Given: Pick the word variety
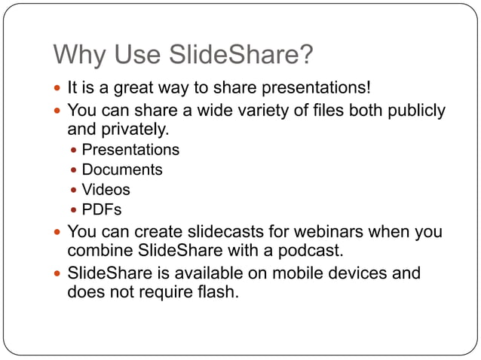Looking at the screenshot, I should (258, 111).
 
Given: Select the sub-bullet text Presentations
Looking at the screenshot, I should (130, 150).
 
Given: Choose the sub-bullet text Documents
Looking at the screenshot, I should (122, 170).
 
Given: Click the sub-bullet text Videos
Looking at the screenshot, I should (106, 190).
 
